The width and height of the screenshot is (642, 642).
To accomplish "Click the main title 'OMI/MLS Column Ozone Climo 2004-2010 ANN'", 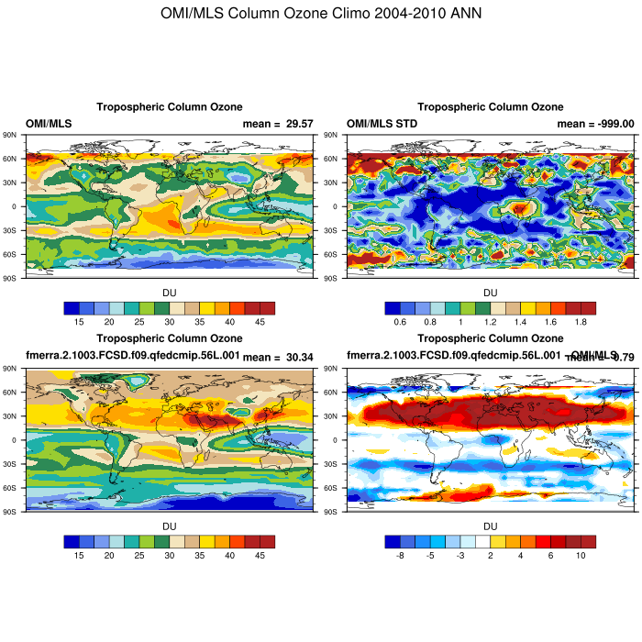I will click(320, 14).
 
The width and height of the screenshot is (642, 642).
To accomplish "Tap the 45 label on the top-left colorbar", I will click(259, 322).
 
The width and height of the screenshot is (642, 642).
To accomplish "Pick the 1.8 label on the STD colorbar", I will click(580, 322).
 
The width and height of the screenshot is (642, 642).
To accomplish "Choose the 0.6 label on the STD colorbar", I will click(401, 322).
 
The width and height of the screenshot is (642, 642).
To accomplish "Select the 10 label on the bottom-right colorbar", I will click(580, 556).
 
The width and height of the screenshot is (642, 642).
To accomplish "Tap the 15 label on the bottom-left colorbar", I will click(80, 556).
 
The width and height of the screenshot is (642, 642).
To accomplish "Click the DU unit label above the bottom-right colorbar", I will click(490, 526).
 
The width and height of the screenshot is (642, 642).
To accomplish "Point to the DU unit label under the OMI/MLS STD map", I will click(490, 293).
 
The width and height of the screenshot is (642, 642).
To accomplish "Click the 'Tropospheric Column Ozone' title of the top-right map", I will click(490, 107).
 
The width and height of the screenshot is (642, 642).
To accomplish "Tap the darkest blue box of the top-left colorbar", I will click(72, 308).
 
